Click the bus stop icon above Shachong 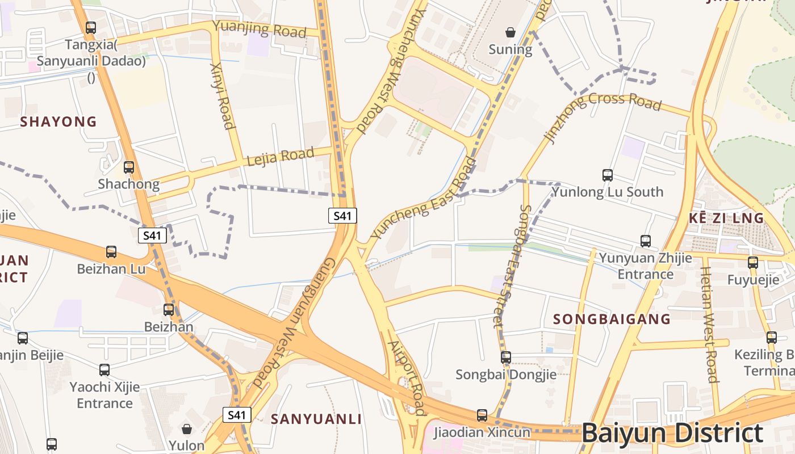click(x=129, y=167)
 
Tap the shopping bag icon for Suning click(x=511, y=32)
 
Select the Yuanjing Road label click(x=260, y=29)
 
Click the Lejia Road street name click(x=281, y=156)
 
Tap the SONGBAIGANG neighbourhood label click(x=612, y=319)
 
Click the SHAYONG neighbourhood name click(x=58, y=121)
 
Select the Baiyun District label click(x=672, y=433)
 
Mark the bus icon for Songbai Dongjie click(x=505, y=358)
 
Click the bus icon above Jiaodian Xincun click(x=482, y=415)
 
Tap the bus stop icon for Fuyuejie click(x=753, y=263)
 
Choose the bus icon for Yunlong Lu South click(x=608, y=175)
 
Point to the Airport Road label click(x=407, y=377)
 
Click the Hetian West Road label click(x=709, y=325)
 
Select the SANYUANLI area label click(x=316, y=419)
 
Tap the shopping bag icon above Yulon click(x=186, y=428)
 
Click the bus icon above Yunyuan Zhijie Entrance click(x=646, y=241)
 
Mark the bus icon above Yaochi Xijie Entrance click(x=104, y=370)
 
